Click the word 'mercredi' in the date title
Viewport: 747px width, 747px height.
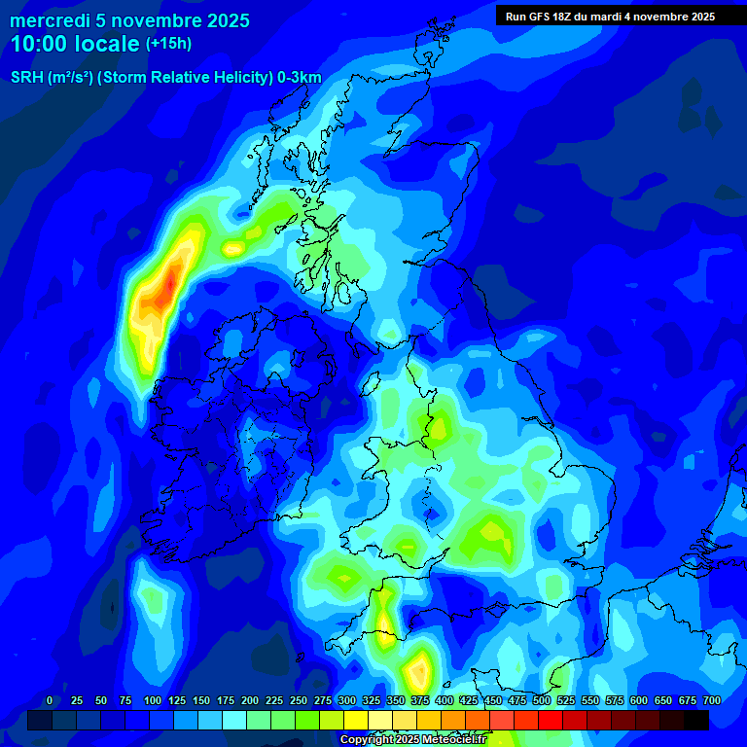coord(50,20)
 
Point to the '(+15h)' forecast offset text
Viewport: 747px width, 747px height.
coord(168,44)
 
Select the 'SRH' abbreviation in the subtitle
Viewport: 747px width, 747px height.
coord(28,78)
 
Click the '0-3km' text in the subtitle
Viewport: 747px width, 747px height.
coord(298,78)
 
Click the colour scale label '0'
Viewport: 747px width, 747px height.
coord(50,700)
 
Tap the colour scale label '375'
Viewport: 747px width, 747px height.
coord(420,700)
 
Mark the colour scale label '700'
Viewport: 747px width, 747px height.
coord(712,700)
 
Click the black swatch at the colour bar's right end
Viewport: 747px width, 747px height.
coord(696,720)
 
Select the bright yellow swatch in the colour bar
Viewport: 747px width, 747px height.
coord(356,720)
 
